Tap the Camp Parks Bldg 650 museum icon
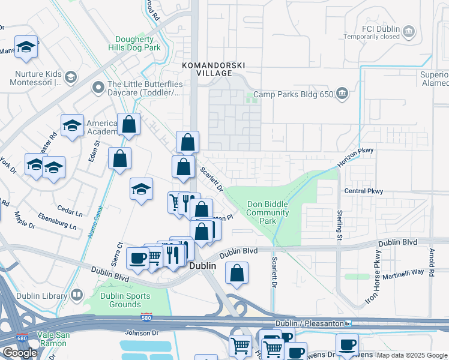(342, 93)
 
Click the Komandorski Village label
(205, 68)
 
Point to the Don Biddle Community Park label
(268, 212)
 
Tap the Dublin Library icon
(77, 295)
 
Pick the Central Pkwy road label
(363, 191)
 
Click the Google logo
(20, 353)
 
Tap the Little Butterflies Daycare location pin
(98, 88)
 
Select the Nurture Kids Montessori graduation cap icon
(71, 77)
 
